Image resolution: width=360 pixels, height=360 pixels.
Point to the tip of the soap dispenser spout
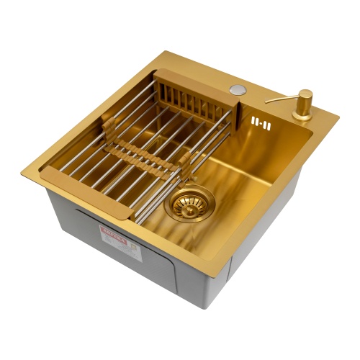pyautogui.click(x=267, y=102)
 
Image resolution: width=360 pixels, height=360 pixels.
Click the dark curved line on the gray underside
pyautogui.click(x=79, y=216)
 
